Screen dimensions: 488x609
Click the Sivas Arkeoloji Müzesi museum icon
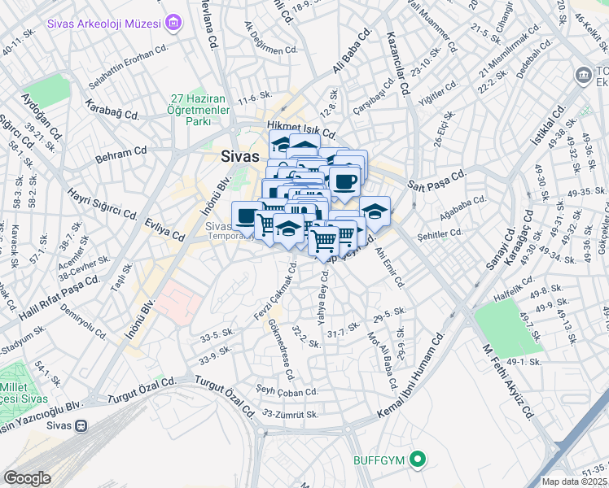point(173,23)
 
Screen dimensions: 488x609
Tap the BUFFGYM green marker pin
point(418,460)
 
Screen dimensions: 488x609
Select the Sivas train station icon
point(81,425)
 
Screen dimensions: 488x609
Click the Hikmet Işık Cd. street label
point(301,129)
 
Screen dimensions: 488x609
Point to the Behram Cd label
point(120,152)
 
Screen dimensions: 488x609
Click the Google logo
point(27,478)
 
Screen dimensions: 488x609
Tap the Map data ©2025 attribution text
point(575,481)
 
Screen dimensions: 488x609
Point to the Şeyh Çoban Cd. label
point(287,392)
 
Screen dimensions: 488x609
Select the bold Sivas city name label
point(240,156)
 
